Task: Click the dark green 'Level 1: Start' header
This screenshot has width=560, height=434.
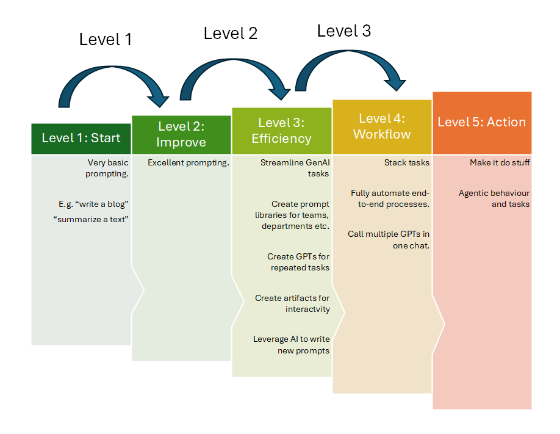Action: [x=81, y=139]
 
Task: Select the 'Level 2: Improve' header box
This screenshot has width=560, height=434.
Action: [x=181, y=135]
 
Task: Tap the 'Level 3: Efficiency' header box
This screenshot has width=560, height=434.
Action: [x=282, y=131]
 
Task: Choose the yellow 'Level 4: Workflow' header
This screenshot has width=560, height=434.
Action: [x=382, y=127]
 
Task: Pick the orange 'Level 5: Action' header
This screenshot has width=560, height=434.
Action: [x=482, y=123]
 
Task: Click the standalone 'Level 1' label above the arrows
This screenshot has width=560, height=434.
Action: [x=106, y=39]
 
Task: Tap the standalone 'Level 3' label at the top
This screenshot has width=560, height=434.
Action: [x=344, y=31]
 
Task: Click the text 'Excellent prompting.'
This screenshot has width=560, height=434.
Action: [x=188, y=162]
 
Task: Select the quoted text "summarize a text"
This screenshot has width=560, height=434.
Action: [x=91, y=219]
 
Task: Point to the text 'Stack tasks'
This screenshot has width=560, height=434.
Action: [x=407, y=162]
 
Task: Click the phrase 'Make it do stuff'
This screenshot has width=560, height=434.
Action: [x=500, y=162]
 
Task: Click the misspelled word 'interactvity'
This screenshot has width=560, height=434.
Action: [x=307, y=309]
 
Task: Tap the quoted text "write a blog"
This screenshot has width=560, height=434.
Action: [x=102, y=204]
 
